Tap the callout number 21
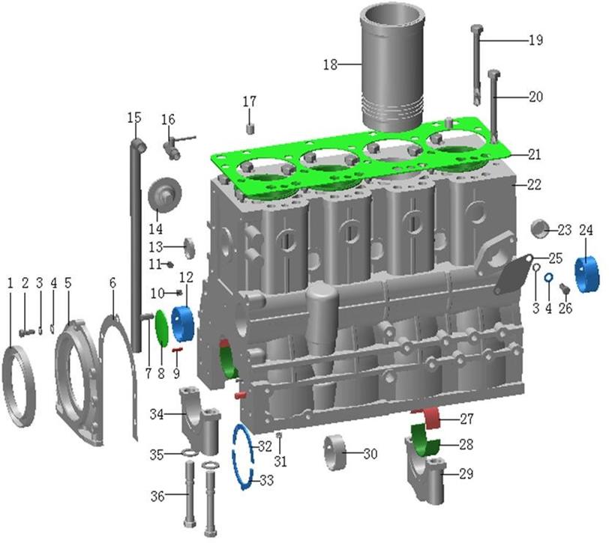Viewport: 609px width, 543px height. (x=535, y=154)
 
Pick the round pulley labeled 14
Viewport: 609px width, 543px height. (x=165, y=194)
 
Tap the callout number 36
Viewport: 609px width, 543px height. (x=157, y=496)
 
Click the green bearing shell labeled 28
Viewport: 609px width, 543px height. (x=425, y=441)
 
